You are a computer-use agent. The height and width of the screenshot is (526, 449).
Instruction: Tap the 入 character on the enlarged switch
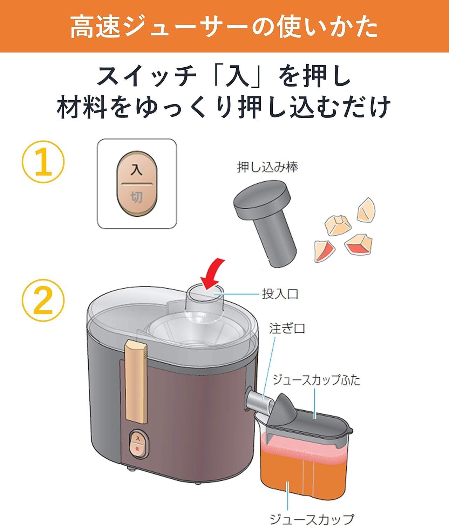coord(137,170)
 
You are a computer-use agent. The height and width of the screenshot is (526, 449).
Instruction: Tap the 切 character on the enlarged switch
coord(137,197)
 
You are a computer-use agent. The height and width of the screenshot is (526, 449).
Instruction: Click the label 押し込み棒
coord(267,167)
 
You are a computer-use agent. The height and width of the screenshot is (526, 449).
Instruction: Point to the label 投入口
coord(280,294)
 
